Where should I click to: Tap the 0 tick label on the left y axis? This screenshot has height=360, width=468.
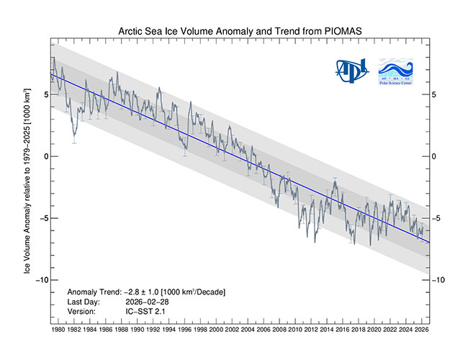(45, 156)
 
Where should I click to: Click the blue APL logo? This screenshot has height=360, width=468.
(351, 71)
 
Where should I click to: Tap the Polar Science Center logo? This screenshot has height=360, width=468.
(396, 71)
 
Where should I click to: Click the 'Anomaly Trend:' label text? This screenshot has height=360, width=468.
(94, 292)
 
